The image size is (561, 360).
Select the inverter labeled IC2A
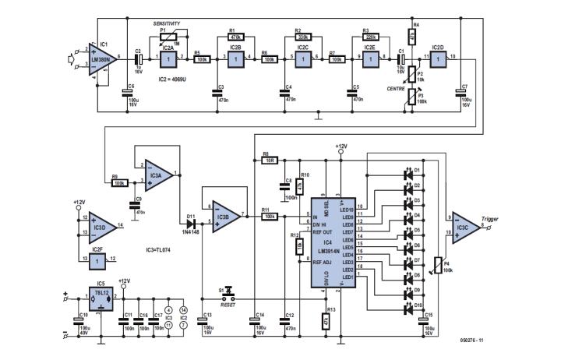click(165, 58)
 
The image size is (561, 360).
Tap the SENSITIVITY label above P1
click(170, 26)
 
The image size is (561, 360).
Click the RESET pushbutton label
click(228, 306)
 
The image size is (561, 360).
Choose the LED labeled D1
click(411, 171)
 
